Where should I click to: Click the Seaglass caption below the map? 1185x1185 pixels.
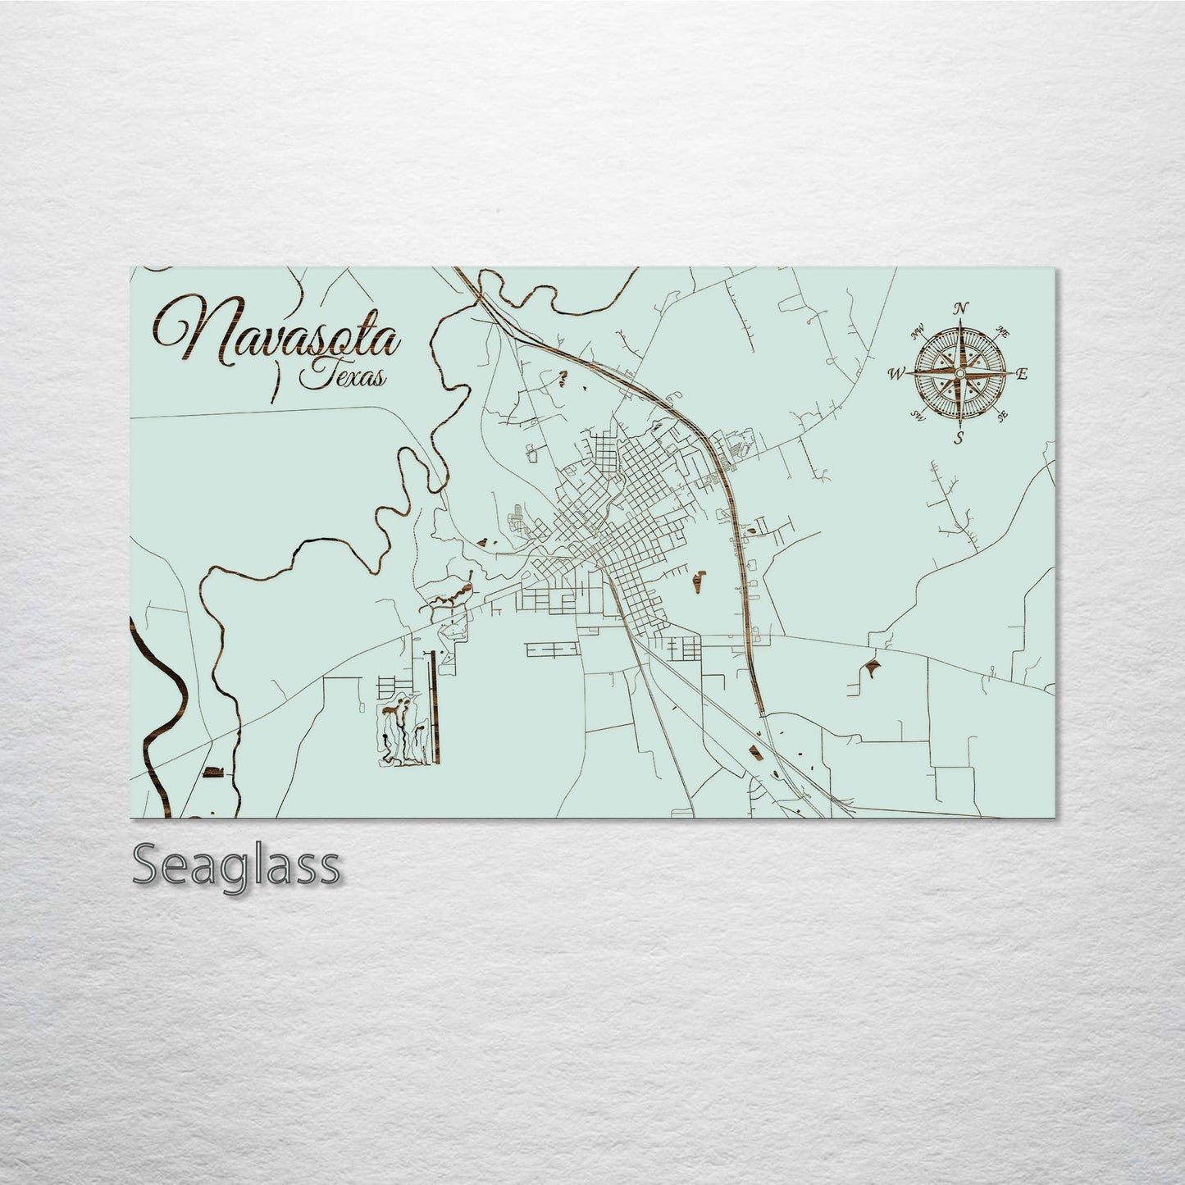235,865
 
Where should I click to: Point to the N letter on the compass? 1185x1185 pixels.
960,309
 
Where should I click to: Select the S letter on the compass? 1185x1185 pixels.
959,438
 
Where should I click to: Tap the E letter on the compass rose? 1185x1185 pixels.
1022,375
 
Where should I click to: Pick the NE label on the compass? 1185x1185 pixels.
1002,332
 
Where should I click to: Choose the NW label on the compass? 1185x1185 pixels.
918,334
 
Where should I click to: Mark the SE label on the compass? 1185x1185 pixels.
1001,416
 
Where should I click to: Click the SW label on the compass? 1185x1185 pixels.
918,416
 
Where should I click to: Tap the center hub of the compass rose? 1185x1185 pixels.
959,374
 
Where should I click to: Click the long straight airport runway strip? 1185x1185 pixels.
434,701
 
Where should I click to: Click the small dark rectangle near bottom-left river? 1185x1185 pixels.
212,772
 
